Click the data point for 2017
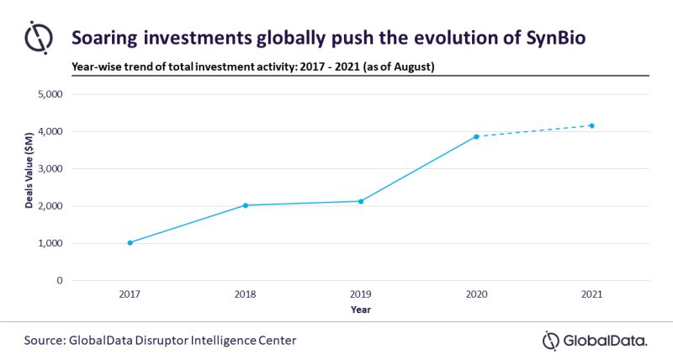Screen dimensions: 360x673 (130, 242)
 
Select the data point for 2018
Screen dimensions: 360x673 (245, 205)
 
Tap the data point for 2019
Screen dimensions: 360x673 (361, 201)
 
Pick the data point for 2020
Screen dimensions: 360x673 (476, 136)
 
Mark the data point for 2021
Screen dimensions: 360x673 (592, 126)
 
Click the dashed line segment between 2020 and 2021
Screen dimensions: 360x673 (534, 131)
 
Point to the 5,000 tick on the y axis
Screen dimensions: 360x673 (50, 94)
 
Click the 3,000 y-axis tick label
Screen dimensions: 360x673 (50, 169)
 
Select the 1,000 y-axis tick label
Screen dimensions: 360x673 (50, 243)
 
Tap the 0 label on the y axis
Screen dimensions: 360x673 (59, 280)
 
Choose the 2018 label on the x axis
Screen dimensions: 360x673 (245, 295)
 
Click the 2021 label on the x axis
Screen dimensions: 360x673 (592, 295)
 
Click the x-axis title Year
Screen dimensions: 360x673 (361, 310)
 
